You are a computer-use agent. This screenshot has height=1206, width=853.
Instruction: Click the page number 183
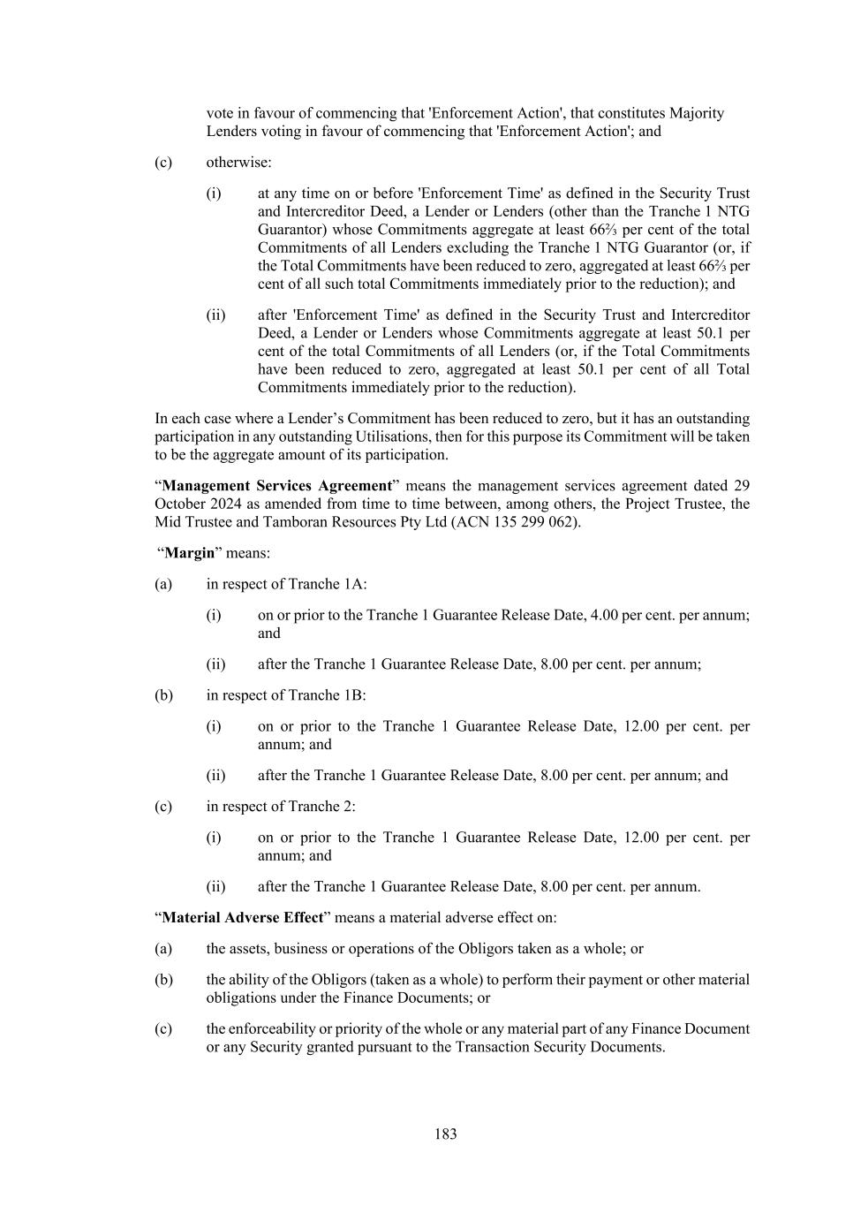pyautogui.click(x=445, y=1134)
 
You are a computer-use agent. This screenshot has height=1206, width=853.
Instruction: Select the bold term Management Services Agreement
pyautogui.click(x=276, y=486)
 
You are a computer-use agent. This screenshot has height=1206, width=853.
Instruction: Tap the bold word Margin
pyautogui.click(x=190, y=553)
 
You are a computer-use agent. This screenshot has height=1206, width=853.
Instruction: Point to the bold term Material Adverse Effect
pyautogui.click(x=243, y=918)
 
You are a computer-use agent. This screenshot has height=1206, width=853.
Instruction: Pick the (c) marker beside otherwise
pyautogui.click(x=163, y=163)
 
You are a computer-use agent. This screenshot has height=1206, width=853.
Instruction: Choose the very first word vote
pyautogui.click(x=221, y=113)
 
